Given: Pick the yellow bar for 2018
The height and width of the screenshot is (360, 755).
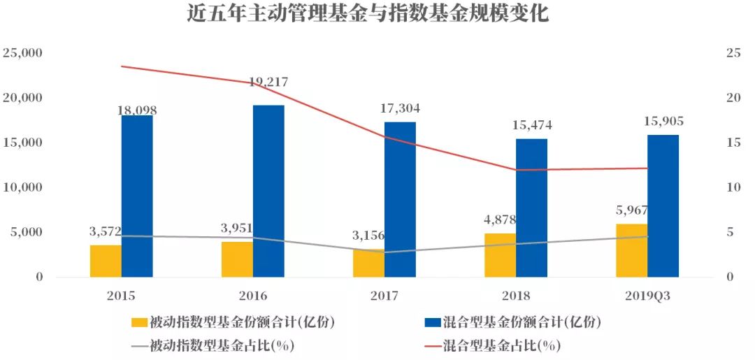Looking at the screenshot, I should click(x=500, y=255).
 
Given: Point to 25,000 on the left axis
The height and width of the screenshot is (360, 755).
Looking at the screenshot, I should click(x=23, y=53).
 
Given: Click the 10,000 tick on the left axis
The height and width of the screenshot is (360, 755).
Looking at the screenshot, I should click(x=23, y=187).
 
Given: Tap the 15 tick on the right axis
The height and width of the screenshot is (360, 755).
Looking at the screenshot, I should click(x=732, y=143).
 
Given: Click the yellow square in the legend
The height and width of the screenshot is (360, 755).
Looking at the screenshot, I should click(x=139, y=322).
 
